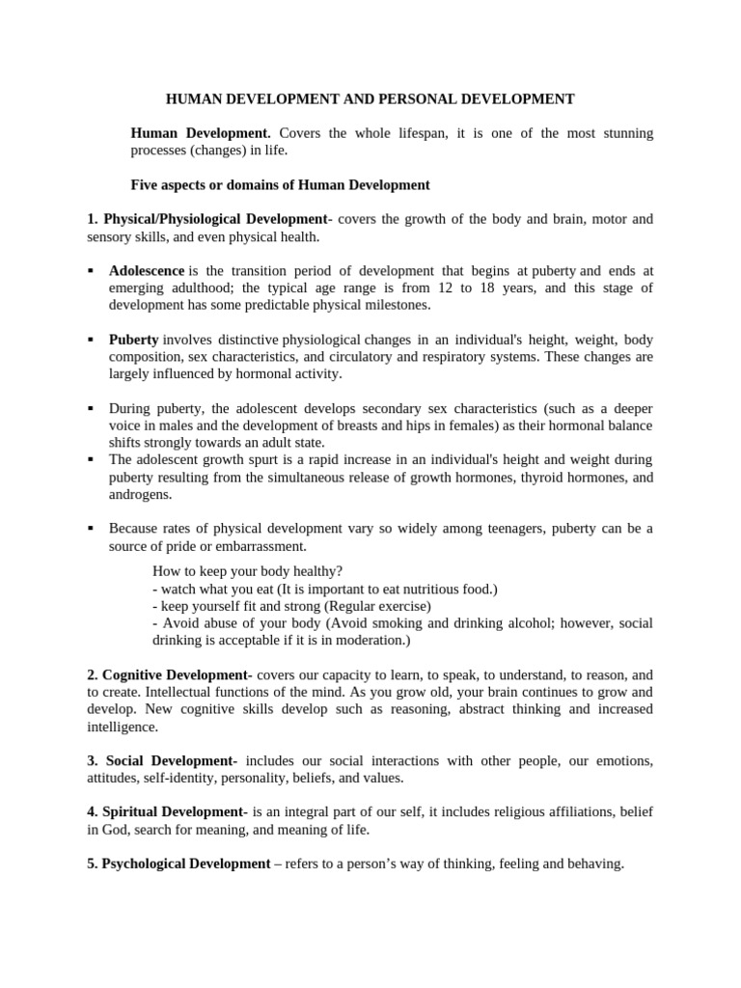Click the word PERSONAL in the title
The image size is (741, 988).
[x=433, y=98]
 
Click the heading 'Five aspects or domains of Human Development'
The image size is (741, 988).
[x=280, y=184]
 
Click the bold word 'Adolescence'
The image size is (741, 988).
[x=147, y=271]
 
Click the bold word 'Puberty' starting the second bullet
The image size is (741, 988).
[x=134, y=340]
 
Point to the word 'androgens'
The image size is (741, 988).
[x=141, y=494]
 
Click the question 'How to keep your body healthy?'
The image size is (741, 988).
[x=248, y=570]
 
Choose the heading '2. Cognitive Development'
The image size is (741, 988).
[x=169, y=675]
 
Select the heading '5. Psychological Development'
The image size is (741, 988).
[x=178, y=864]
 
